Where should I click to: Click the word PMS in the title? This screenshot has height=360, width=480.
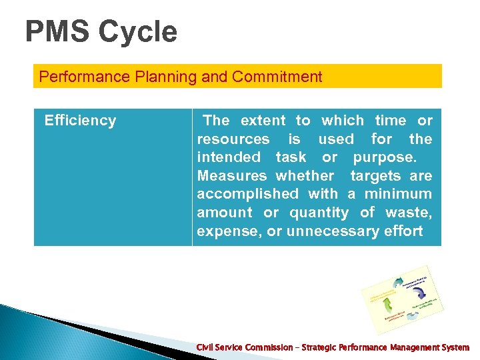[x=58, y=32]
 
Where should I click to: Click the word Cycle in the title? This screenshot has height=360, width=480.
[x=137, y=32]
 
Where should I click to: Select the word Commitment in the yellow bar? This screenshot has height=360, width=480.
[x=277, y=77]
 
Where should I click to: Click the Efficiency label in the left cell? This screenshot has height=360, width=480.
[x=80, y=121]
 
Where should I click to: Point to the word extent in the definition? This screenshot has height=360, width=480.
[x=263, y=121]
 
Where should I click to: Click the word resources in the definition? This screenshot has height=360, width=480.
[x=233, y=139]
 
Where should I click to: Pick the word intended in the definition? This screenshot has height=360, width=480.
[x=229, y=157]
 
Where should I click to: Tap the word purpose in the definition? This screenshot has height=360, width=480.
[x=383, y=157]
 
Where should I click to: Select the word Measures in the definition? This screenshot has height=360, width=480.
[x=231, y=176]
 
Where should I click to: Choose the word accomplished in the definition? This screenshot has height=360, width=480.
[x=248, y=194]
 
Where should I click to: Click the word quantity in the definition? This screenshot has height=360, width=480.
[x=319, y=213]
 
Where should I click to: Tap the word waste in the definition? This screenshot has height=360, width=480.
[x=412, y=213]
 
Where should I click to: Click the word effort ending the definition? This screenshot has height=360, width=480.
[x=403, y=231]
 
